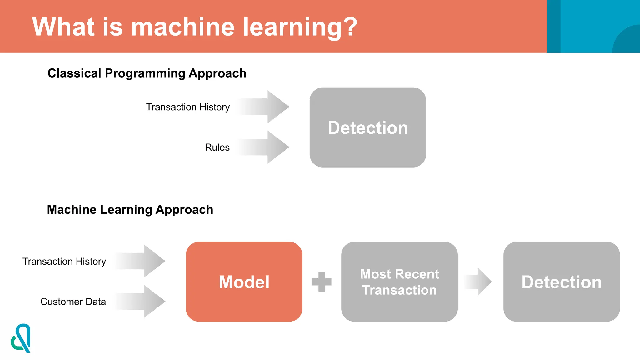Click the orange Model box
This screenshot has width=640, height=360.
[x=244, y=282]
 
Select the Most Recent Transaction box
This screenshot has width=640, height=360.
[x=399, y=282]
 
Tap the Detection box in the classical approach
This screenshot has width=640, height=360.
[x=368, y=127]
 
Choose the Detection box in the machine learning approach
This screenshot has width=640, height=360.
[x=562, y=282]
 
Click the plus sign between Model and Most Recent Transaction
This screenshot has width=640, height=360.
[x=322, y=282]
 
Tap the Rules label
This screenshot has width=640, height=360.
[x=217, y=147]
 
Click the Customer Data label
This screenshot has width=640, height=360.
[x=73, y=302]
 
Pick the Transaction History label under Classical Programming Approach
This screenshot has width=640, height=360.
[x=188, y=107]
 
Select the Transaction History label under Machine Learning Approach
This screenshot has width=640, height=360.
[x=64, y=261]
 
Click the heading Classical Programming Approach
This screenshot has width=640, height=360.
[x=147, y=73]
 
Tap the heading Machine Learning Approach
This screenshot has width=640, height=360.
[x=130, y=209]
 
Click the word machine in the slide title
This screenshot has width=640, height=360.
[x=182, y=27]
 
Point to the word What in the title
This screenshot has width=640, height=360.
[x=63, y=27]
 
